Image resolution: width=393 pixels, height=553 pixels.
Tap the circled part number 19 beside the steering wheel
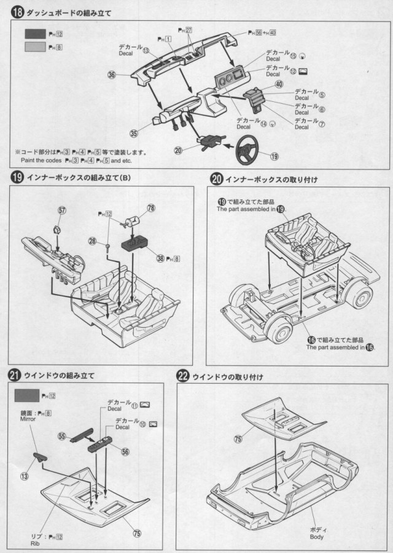pos(274,157)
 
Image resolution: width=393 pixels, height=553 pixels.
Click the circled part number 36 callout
pos(112,75)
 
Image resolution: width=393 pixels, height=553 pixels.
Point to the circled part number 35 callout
pos(134,132)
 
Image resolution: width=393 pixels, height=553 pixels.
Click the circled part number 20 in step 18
pos(178,150)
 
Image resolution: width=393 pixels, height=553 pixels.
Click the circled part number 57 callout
pos(62,210)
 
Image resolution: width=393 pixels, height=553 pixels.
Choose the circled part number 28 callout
pos(92,242)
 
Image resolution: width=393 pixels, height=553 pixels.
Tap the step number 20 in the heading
pos(216,179)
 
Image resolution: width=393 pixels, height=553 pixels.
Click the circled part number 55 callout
pos(61,436)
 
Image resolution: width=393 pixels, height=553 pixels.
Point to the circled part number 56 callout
pos(125,451)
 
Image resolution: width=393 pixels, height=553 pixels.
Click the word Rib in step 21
pos(27,542)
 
